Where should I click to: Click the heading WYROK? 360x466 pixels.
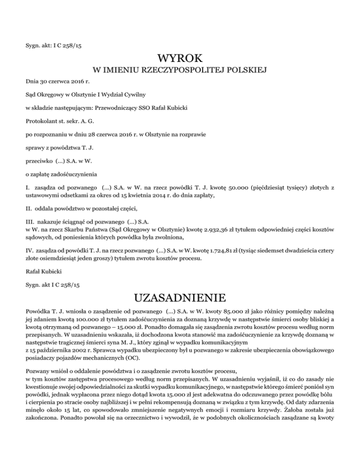coord(180,59)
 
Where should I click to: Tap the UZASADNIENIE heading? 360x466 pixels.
coord(180,298)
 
